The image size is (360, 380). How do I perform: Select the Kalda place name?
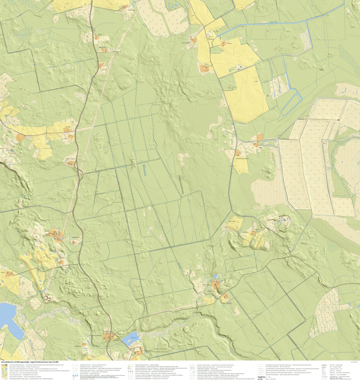[x=68, y=127]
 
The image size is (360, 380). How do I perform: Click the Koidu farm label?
[x=229, y=43]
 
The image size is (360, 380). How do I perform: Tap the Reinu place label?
[x=206, y=64]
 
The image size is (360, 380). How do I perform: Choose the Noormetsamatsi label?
[x=242, y=159]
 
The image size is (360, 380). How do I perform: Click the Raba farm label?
[x=260, y=148]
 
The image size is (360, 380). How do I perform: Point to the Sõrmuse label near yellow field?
[x=232, y=221]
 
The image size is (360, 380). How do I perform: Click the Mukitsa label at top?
[x=131, y=10]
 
